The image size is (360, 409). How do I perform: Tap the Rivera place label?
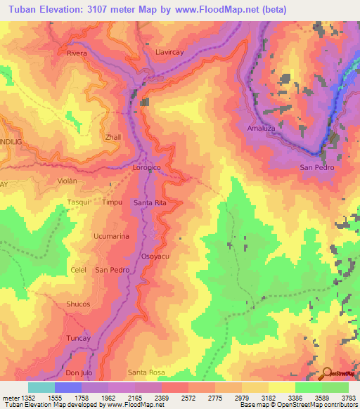click(77, 53)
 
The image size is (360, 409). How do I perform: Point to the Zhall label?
click(112, 137)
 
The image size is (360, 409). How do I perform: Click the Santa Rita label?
click(149, 202)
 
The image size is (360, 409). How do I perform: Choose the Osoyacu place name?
click(155, 256)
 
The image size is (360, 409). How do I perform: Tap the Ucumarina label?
click(111, 236)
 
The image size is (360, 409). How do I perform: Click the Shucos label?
click(77, 304)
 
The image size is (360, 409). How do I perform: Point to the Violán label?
click(70, 180)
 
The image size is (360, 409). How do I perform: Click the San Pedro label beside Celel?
click(112, 270)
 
